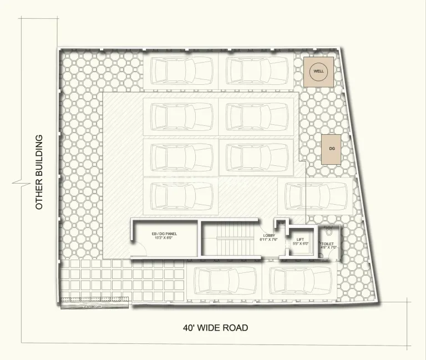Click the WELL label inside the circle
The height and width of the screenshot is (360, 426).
click(318, 71)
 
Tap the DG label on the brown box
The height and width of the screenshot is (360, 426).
click(332, 149)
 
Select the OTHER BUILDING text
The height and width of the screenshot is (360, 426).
click(39, 172)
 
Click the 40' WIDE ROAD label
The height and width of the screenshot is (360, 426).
click(215, 327)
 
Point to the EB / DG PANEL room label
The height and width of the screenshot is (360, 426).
click(164, 234)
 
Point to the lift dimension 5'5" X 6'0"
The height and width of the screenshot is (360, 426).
click(301, 244)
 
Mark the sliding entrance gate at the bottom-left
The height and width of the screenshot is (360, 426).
click(94, 302)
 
